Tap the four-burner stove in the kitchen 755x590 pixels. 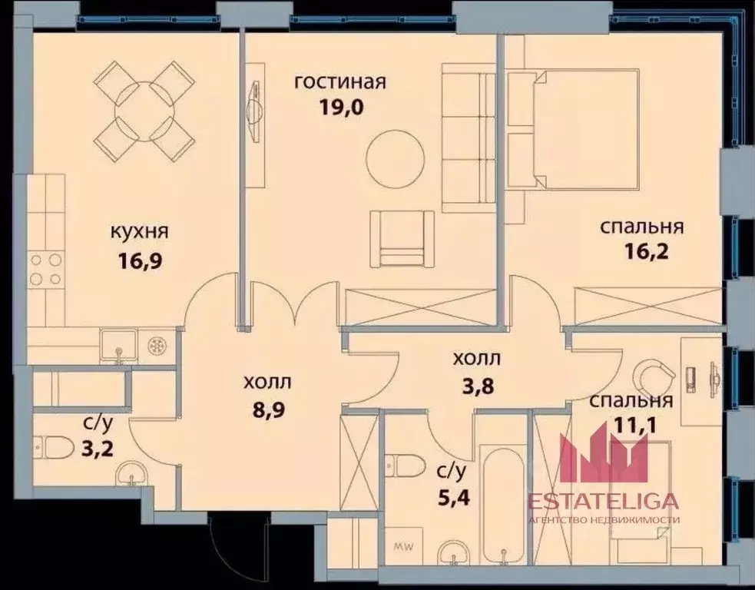click(x=45, y=270)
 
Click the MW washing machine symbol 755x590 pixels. click(x=401, y=547)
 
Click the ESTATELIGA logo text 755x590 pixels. click(x=603, y=501)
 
